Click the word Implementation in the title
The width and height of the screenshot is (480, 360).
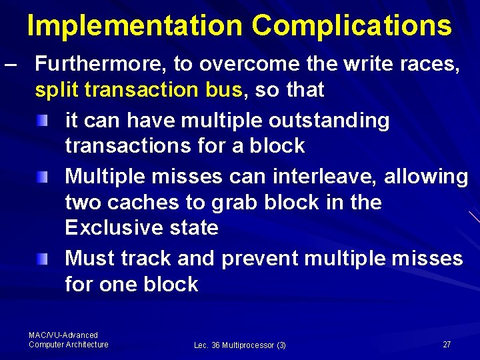135,25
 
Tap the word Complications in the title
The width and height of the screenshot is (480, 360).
352,25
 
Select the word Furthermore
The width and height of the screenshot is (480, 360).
101,64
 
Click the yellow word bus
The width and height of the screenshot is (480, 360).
224,90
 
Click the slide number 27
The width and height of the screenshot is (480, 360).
447,344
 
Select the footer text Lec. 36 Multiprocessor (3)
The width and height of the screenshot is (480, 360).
240,345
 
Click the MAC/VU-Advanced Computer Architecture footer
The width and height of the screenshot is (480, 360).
68,340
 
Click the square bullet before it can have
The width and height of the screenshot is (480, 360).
43,121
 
